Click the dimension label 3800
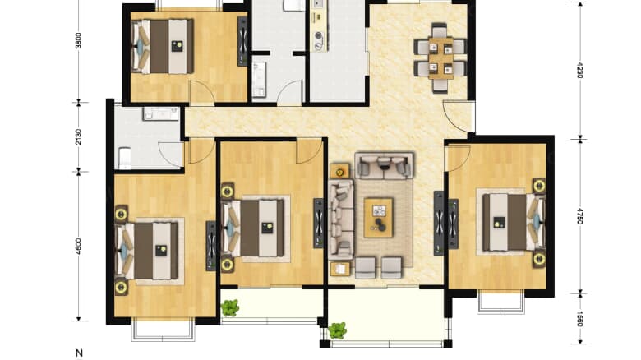(x=79, y=41)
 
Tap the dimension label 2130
(x=79, y=136)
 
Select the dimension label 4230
(x=579, y=70)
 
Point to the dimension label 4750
(x=579, y=216)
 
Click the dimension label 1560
(x=579, y=319)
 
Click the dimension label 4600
(x=79, y=246)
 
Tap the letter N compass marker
(x=80, y=353)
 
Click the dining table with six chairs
(x=440, y=58)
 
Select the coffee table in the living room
(x=379, y=218)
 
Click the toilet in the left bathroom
(x=125, y=158)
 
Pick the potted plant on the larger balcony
(x=338, y=330)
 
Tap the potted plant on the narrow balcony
(x=230, y=307)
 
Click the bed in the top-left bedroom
(x=162, y=46)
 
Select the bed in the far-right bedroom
(x=514, y=222)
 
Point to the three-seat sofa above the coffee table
(x=384, y=165)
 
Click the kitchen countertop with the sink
(x=319, y=25)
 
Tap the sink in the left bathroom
(x=160, y=113)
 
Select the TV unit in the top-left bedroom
(x=242, y=41)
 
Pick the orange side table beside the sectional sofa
(x=339, y=171)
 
